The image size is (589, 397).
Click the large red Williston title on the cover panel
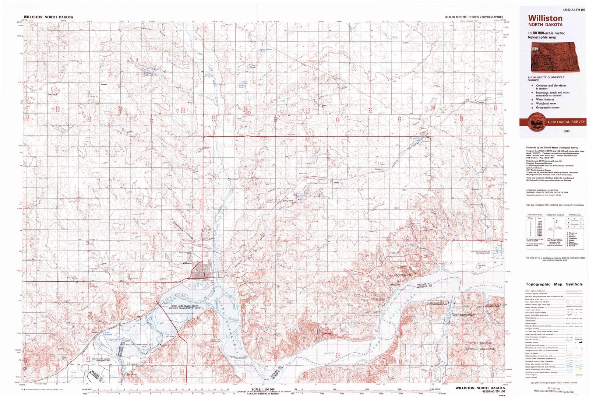click(545, 18)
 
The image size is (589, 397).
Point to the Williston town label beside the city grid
click(187, 263)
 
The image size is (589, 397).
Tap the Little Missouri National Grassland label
click(480, 346)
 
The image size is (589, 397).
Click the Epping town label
click(336, 182)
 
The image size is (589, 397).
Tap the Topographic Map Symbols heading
click(554, 284)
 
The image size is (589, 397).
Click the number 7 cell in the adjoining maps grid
click(575, 226)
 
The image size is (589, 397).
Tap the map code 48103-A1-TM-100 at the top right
click(568, 10)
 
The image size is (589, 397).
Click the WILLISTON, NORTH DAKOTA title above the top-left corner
click(48, 17)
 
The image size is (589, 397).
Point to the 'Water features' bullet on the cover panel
click(545, 99)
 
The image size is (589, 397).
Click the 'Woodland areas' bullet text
click(546, 103)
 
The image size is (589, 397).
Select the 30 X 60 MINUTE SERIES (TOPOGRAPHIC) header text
click(473, 17)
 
